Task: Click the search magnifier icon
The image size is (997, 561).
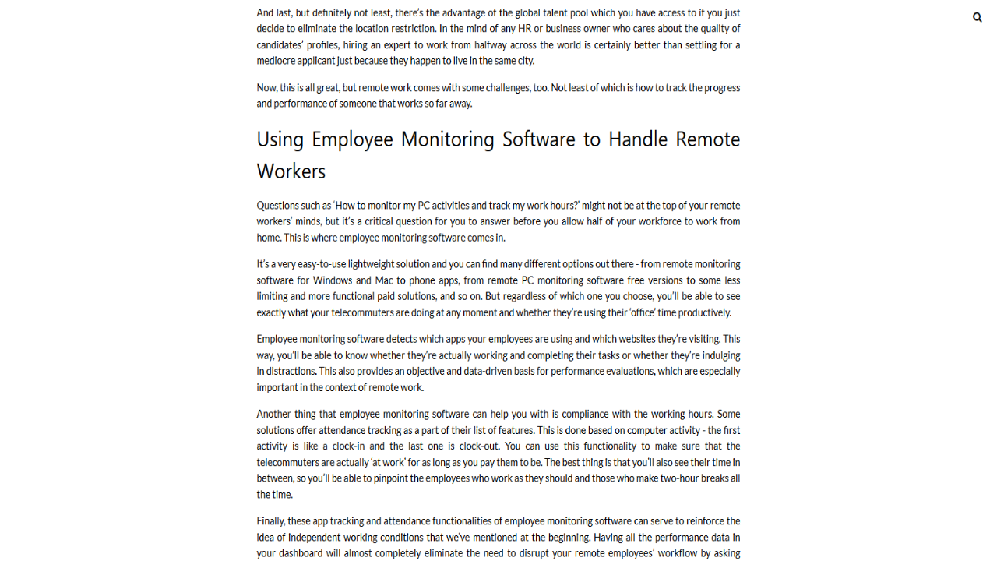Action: [x=978, y=17]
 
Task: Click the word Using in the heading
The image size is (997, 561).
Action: [x=280, y=139]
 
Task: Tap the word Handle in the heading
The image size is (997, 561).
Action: [x=638, y=139]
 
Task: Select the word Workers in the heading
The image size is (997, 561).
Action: [x=291, y=171]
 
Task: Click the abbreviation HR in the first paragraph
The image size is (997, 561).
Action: [x=524, y=29]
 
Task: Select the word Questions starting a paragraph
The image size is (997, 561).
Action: [x=277, y=206]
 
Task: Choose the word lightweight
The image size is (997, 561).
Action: [x=373, y=264]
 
